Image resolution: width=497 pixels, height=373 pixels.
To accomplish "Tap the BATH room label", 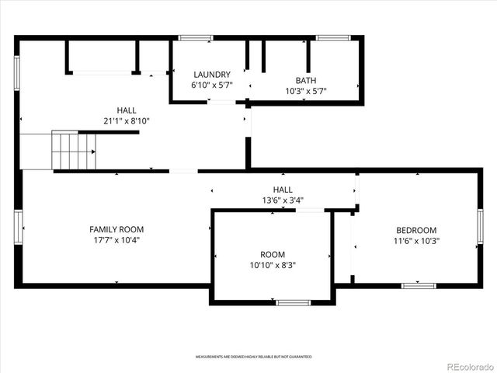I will (306, 80).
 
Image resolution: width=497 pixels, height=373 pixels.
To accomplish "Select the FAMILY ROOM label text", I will (116, 229).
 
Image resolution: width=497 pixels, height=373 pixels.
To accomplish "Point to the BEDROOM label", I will (416, 230).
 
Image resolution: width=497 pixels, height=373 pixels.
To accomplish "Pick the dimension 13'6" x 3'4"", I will (283, 200).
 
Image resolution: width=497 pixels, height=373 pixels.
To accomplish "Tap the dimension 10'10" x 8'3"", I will (273, 265).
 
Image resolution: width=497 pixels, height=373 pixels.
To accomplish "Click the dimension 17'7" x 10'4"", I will (116, 240).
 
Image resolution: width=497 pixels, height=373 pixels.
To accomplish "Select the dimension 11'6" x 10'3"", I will (416, 241).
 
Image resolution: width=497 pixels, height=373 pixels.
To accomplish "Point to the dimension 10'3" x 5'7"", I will (306, 90).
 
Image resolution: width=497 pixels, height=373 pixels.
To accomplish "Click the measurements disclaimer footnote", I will (253, 356).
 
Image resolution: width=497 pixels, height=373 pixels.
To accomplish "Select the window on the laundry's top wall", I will (196, 37).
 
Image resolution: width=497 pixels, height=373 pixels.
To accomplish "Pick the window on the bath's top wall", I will (333, 37).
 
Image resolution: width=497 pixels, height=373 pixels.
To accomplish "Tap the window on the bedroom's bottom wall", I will (419, 285).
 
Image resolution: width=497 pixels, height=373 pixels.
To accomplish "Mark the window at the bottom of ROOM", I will (293, 302).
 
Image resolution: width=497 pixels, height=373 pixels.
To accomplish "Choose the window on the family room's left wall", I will (19, 228).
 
